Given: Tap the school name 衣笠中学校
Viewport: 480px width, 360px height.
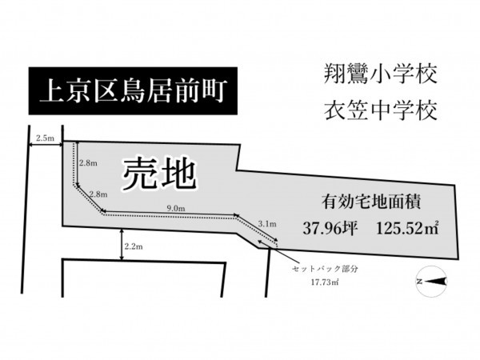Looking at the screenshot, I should point(381,110).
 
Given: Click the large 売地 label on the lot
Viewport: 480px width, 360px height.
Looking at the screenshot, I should point(159,174).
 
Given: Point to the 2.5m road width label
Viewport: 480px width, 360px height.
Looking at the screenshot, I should point(45,138).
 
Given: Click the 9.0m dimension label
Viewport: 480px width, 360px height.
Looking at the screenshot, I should point(175,209).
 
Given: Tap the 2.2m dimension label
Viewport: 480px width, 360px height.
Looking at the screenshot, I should point(134,247).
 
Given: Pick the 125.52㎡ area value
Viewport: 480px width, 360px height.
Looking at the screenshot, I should point(406,227).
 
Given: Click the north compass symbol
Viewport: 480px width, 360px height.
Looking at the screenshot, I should point(430,281).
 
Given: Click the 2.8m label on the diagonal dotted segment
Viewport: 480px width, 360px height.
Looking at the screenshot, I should point(98,194).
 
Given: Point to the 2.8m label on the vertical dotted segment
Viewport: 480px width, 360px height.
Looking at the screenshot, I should point(88,163).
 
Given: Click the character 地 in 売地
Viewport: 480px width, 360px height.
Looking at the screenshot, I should point(179,174).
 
